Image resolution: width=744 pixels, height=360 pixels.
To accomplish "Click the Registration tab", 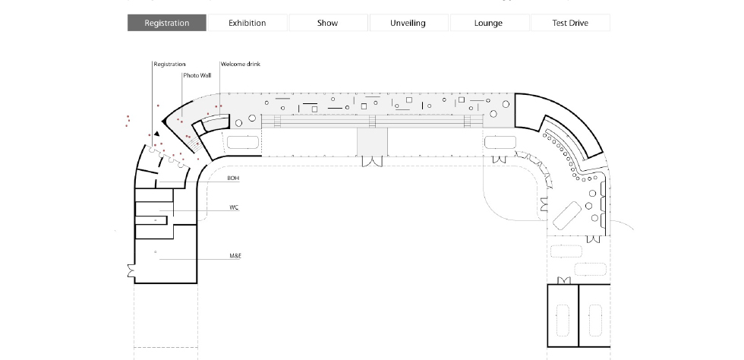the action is (x=167, y=23).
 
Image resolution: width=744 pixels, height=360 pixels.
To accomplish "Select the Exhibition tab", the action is (x=247, y=23).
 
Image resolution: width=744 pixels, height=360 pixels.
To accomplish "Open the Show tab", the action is (x=328, y=23).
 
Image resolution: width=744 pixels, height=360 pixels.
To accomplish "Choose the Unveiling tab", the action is (x=408, y=23).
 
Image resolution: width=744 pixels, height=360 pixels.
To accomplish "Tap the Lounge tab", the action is (x=489, y=23).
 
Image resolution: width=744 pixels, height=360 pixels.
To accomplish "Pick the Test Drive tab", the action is (x=570, y=23).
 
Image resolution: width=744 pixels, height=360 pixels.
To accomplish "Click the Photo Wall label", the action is (x=197, y=75).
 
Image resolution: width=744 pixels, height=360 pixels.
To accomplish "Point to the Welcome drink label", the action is (x=241, y=64).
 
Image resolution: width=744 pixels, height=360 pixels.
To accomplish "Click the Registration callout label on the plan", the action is (x=170, y=64).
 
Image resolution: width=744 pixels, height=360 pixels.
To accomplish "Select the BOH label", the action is (x=233, y=178).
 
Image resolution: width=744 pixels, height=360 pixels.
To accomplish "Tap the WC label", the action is (x=234, y=207).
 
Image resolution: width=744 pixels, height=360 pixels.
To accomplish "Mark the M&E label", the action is (x=235, y=256).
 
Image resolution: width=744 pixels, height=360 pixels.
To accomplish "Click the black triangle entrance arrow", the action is (x=156, y=134).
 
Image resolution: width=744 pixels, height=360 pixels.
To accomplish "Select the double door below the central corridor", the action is (x=372, y=161).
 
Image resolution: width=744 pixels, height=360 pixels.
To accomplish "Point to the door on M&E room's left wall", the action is (x=131, y=271).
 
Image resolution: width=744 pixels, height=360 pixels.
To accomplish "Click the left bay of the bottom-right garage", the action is (x=563, y=315).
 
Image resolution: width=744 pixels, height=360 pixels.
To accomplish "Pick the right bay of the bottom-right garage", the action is (x=594, y=315).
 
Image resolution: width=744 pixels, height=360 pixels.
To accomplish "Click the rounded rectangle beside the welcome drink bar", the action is (x=243, y=142).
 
